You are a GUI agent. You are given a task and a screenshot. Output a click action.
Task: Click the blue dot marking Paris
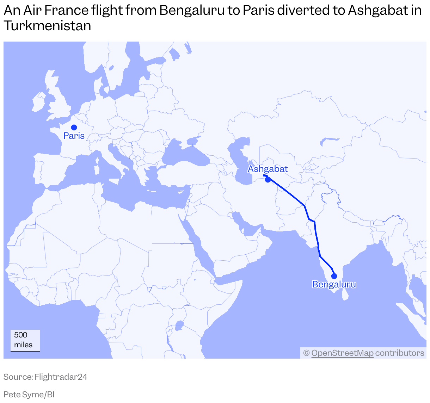point(74,127)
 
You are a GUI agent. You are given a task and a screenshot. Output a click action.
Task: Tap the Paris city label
point(74,136)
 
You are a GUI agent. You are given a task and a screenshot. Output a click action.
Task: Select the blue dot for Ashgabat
point(268,179)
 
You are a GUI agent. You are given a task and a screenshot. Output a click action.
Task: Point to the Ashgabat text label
point(268,169)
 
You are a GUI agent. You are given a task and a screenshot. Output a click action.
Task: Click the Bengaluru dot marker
point(334,276)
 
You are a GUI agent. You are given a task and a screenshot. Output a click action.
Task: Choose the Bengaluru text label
point(334,284)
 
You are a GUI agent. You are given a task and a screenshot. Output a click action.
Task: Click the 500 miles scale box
point(25,340)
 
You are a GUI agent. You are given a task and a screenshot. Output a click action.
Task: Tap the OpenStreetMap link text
point(342,353)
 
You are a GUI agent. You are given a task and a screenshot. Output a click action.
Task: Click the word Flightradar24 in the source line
point(61,377)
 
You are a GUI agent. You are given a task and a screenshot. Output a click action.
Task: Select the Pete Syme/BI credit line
point(29,395)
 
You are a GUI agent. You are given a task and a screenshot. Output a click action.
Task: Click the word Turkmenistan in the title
point(47,26)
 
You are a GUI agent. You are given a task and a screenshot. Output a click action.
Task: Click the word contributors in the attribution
point(399,353)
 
